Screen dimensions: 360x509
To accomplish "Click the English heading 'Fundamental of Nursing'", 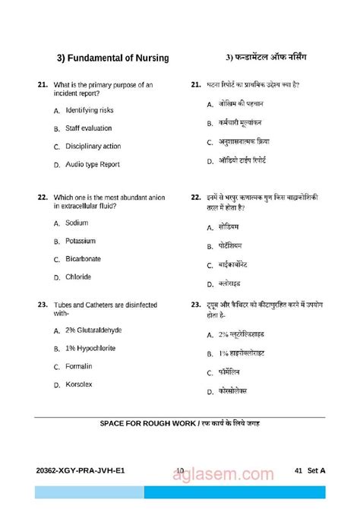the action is [x=113, y=58].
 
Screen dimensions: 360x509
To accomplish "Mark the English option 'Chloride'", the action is [x=78, y=277].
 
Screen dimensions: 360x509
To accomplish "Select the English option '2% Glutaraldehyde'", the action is [x=93, y=330].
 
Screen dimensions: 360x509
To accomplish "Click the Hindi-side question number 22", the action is [x=196, y=197].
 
